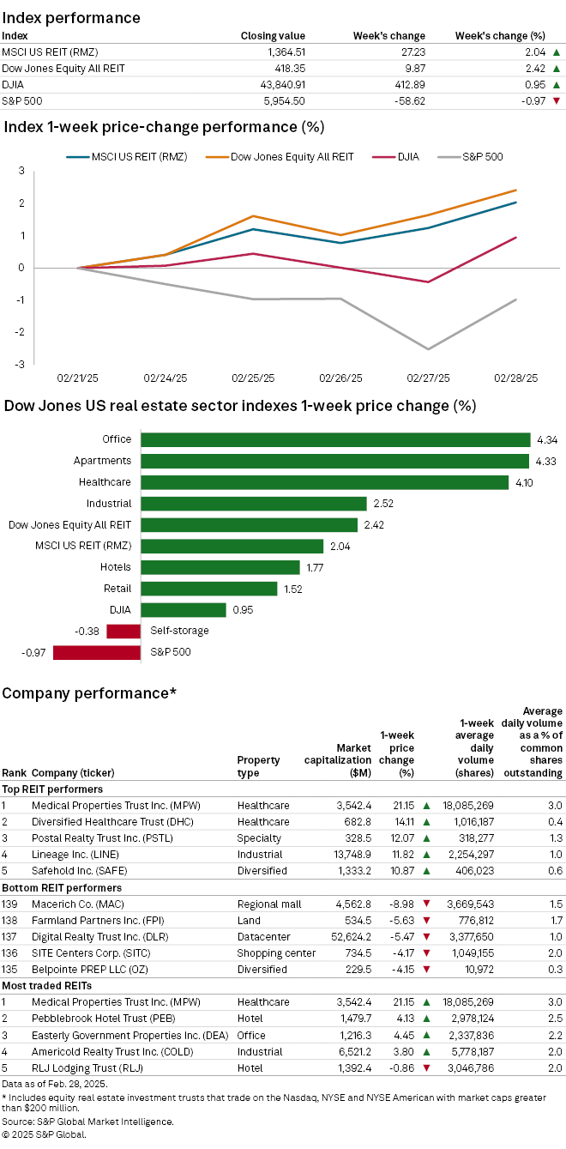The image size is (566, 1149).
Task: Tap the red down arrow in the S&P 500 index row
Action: [556, 101]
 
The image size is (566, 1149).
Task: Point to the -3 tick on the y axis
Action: [20, 364]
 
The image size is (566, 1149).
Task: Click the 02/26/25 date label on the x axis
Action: [340, 378]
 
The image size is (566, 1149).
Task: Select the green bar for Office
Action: [335, 439]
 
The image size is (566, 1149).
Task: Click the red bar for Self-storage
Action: [123, 631]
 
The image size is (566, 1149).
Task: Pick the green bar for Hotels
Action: [220, 567]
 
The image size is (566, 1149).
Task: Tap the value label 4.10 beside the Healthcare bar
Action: [523, 482]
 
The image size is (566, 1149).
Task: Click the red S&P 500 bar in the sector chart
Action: [97, 652]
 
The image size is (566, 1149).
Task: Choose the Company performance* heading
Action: [89, 692]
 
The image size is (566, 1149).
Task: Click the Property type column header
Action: [258, 766]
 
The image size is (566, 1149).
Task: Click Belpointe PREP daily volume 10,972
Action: [473, 969]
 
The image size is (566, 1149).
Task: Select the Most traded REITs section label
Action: [51, 985]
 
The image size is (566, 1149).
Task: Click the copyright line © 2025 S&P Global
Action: [45, 1134]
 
